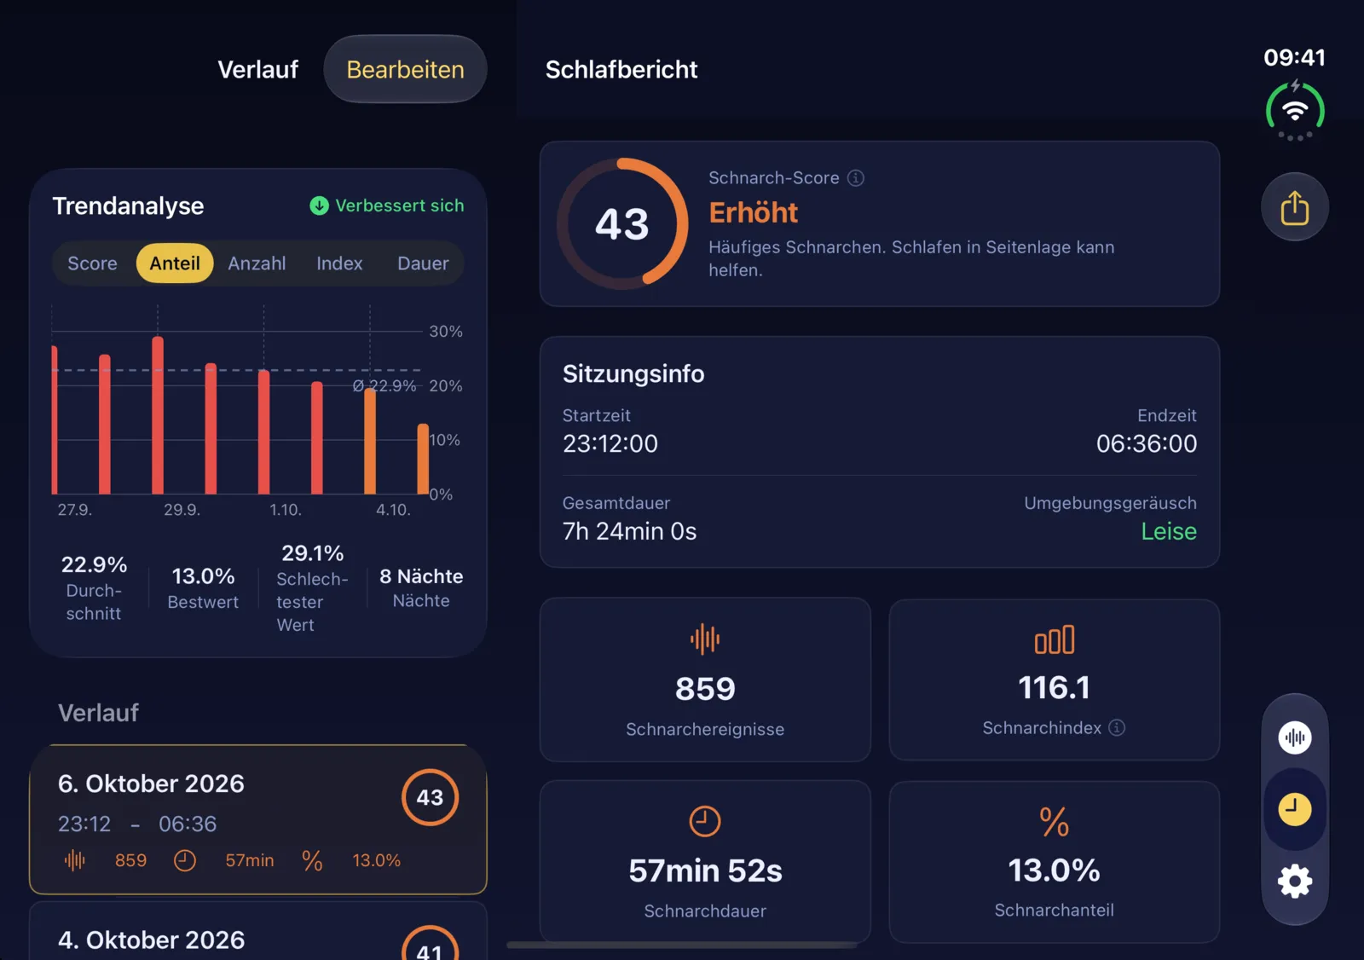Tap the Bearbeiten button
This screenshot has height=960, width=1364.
405,69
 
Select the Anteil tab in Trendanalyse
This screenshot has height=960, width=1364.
175,263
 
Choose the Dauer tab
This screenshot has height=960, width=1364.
423,263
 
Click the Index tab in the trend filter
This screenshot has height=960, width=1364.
339,263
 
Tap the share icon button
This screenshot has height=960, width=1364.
1295,207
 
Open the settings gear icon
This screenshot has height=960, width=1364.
1295,881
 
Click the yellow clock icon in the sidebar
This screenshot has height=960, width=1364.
1295,809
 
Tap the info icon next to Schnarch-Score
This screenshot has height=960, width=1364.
856,178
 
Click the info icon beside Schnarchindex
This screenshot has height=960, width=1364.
1117,727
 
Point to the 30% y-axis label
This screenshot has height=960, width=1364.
446,332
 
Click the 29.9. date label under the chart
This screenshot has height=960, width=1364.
182,509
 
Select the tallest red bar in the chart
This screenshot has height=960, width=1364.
158,415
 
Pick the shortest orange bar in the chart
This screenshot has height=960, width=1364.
423,459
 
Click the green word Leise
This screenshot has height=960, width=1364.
1169,531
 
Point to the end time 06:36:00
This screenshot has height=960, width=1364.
1147,443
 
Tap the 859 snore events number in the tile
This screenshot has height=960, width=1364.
705,689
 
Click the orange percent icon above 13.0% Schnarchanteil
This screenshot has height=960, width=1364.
1054,822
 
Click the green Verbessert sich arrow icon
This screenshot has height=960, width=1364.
319,205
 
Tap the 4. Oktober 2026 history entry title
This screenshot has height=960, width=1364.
151,940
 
